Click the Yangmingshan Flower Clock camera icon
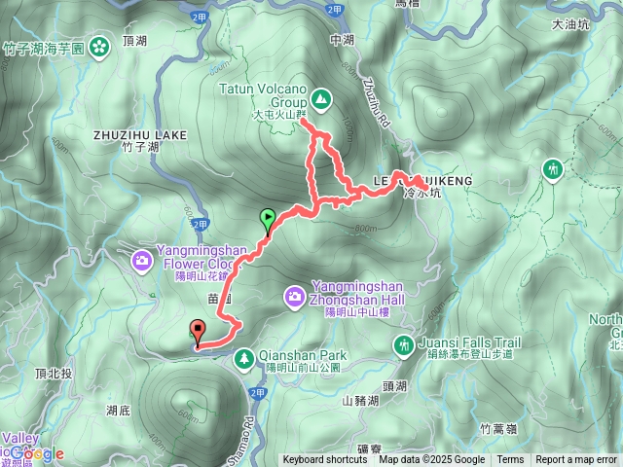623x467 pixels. [142, 259]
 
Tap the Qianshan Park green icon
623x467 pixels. [243, 361]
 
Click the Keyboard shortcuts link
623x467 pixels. [325, 460]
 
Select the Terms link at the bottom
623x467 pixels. [510, 460]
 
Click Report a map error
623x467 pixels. [576, 460]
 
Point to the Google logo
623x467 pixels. [39, 452]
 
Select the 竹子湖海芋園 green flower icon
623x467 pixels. [100, 46]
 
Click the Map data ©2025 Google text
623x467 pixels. [432, 460]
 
